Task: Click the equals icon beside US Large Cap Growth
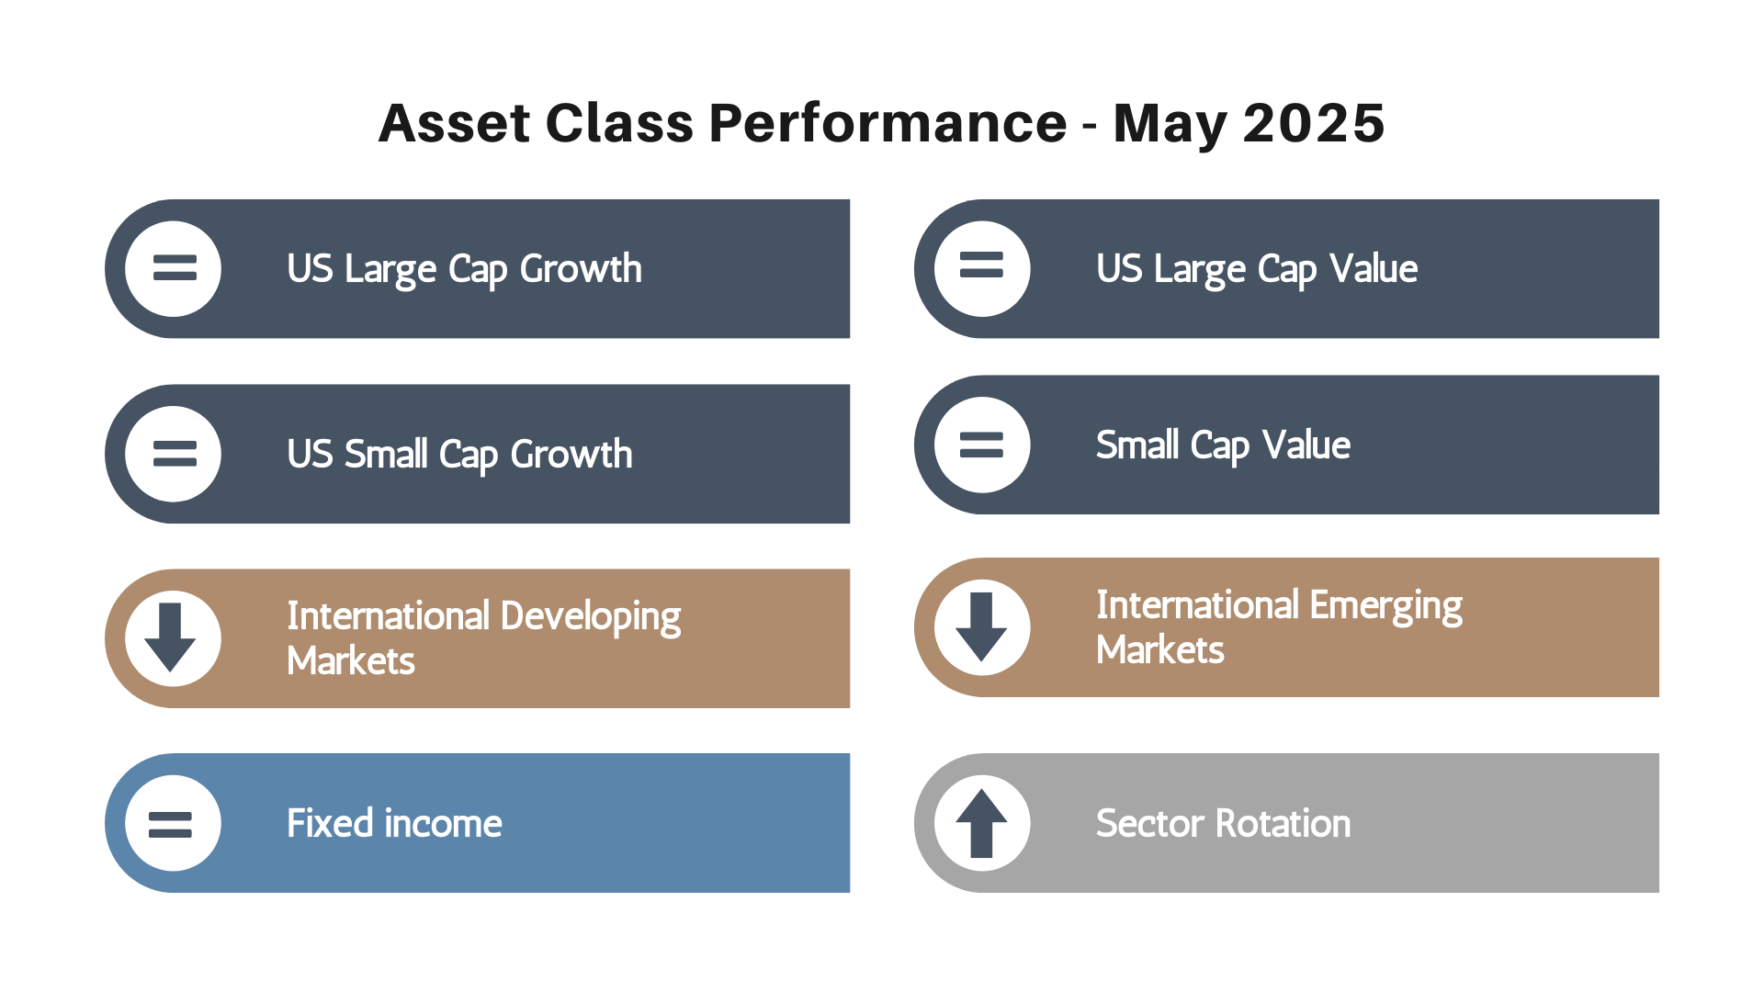pyautogui.click(x=175, y=267)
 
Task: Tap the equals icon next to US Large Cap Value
pyautogui.click(x=981, y=265)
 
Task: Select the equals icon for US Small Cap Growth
pyautogui.click(x=175, y=454)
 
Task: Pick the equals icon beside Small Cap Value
pyautogui.click(x=981, y=445)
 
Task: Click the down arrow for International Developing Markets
pyautogui.click(x=170, y=637)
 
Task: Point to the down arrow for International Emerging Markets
pyautogui.click(x=981, y=626)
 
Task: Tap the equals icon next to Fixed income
pyautogui.click(x=171, y=825)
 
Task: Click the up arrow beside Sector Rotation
pyautogui.click(x=981, y=823)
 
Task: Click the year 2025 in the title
pyautogui.click(x=1313, y=123)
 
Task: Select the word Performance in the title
pyautogui.click(x=888, y=123)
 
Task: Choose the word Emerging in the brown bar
pyautogui.click(x=1386, y=606)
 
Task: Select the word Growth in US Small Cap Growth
pyautogui.click(x=571, y=455)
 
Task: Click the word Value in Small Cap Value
pyautogui.click(x=1306, y=445)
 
